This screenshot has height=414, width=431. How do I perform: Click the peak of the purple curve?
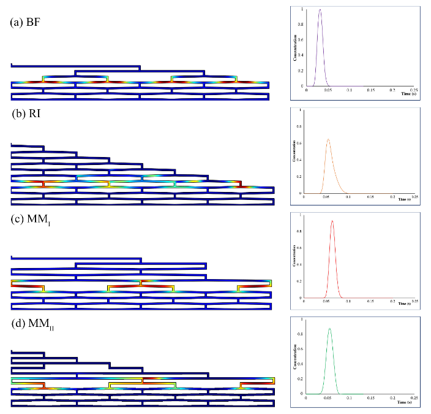tap(320, 10)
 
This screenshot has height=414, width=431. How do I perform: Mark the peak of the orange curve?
tap(328, 139)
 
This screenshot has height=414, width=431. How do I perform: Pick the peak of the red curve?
tap(332, 221)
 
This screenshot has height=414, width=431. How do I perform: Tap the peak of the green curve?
tap(330, 328)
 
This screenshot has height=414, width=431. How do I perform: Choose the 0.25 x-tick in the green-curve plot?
tap(414, 397)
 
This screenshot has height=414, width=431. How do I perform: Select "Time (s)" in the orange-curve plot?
tap(402, 200)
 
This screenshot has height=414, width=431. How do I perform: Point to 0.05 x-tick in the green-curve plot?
tap(328, 397)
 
